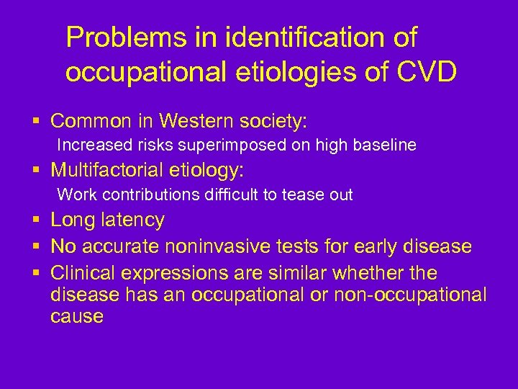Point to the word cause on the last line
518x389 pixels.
click(x=77, y=316)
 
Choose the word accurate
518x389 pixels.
click(x=122, y=247)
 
